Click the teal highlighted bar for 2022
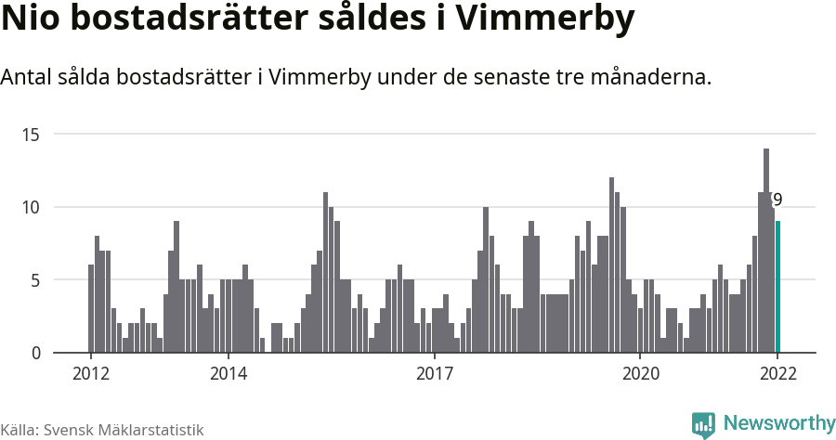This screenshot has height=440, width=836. click(778, 287)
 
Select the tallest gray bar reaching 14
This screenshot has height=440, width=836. click(766, 251)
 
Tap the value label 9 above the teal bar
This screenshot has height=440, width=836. click(777, 200)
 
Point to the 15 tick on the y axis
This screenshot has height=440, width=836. click(31, 135)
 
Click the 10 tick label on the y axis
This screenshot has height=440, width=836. click(31, 207)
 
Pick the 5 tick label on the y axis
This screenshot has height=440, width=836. click(35, 279)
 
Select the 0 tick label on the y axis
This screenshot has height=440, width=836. click(35, 353)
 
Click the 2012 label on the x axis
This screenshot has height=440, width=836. click(91, 374)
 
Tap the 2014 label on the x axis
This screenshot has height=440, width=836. click(229, 374)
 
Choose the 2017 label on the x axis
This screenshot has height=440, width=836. click(434, 374)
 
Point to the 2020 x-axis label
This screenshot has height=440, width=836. click(640, 374)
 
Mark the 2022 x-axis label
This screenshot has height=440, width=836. click(777, 374)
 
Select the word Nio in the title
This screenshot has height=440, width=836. click(29, 19)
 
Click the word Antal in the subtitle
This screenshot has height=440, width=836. click(28, 77)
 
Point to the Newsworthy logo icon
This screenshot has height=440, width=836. click(703, 424)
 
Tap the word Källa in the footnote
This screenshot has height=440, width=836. click(19, 430)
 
